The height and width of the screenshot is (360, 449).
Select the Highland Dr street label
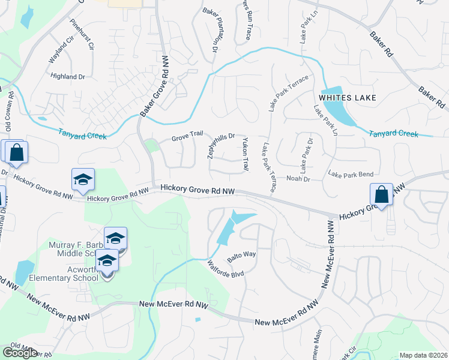tap(68, 77)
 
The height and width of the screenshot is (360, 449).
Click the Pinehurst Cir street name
tap(82, 35)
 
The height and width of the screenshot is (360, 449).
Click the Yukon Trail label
tap(245, 154)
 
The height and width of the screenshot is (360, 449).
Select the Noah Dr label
tap(297, 178)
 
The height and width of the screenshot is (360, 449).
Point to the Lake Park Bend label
tap(351, 174)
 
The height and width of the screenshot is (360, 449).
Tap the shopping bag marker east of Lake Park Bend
tap(381, 196)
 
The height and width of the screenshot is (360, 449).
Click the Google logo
tap(20, 353)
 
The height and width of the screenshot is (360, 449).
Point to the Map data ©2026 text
tap(423, 355)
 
